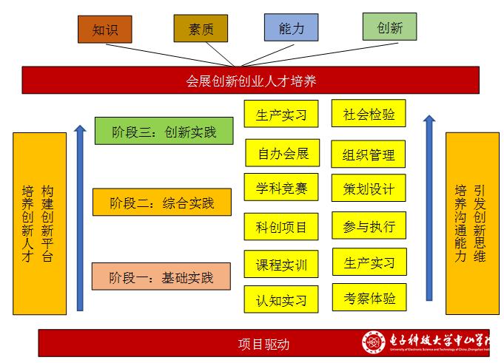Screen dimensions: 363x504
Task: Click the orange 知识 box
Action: click(104, 30)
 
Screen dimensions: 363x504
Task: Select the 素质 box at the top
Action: click(201, 28)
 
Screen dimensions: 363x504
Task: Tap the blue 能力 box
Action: click(291, 27)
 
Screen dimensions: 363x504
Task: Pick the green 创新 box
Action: click(389, 27)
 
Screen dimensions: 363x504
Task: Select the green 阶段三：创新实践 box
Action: click(164, 132)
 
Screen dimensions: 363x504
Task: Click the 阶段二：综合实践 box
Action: click(161, 202)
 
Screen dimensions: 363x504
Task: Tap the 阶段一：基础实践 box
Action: click(161, 277)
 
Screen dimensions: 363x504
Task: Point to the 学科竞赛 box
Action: click(281, 187)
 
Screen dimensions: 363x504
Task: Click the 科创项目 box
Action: click(281, 226)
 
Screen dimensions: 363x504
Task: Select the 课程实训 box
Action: click(281, 264)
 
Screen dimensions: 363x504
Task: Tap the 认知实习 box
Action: click(281, 300)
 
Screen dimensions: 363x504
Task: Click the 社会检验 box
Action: click(369, 114)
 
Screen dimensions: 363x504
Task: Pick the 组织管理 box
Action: click(369, 154)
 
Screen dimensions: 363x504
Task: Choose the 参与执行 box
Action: click(369, 225)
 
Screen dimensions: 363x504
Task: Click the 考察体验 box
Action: click(369, 298)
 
